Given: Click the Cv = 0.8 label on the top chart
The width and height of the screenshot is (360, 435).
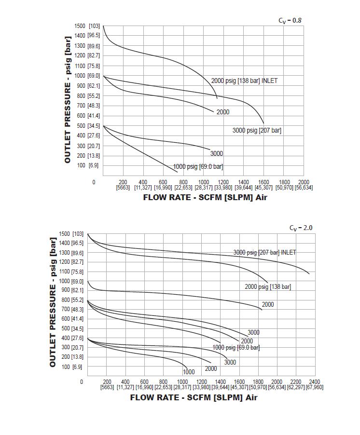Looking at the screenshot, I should pyautogui.click(x=290, y=20).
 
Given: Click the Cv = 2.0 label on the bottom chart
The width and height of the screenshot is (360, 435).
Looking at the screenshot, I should pyautogui.click(x=301, y=228).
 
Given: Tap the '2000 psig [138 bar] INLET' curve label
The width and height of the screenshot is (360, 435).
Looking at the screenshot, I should pyautogui.click(x=244, y=81).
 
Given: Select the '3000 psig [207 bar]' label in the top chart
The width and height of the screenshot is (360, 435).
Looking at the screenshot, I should pyautogui.click(x=257, y=130).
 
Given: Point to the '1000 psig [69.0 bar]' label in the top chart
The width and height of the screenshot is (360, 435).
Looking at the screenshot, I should pyautogui.click(x=198, y=167).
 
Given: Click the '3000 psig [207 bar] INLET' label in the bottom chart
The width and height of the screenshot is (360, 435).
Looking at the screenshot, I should pyautogui.click(x=264, y=252).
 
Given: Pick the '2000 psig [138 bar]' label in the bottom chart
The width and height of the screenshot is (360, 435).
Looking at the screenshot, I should pyautogui.click(x=267, y=286).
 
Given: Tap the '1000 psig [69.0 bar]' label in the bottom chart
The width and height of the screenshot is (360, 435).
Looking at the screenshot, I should pyautogui.click(x=236, y=347).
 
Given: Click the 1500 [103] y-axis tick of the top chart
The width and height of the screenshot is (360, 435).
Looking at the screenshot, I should pyautogui.click(x=87, y=26).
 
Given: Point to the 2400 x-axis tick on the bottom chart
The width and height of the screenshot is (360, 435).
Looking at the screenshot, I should pyautogui.click(x=315, y=382).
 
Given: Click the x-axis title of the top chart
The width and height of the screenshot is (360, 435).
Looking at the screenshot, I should pyautogui.click(x=205, y=197).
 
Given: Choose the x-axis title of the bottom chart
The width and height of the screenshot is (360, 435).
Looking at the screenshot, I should pyautogui.click(x=194, y=397).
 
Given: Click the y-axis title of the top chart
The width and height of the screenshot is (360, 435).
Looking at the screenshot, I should pyautogui.click(x=68, y=99).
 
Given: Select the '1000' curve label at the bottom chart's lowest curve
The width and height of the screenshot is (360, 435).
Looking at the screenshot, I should pyautogui.click(x=189, y=372).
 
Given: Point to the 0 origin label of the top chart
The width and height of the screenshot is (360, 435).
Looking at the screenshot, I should pyautogui.click(x=94, y=182).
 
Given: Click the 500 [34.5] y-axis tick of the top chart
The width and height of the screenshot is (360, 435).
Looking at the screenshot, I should pyautogui.click(x=87, y=126).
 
